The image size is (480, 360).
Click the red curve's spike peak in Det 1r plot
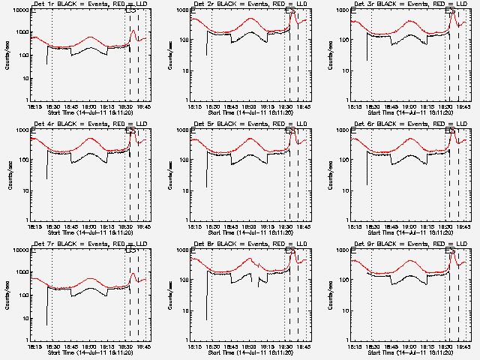133,31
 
